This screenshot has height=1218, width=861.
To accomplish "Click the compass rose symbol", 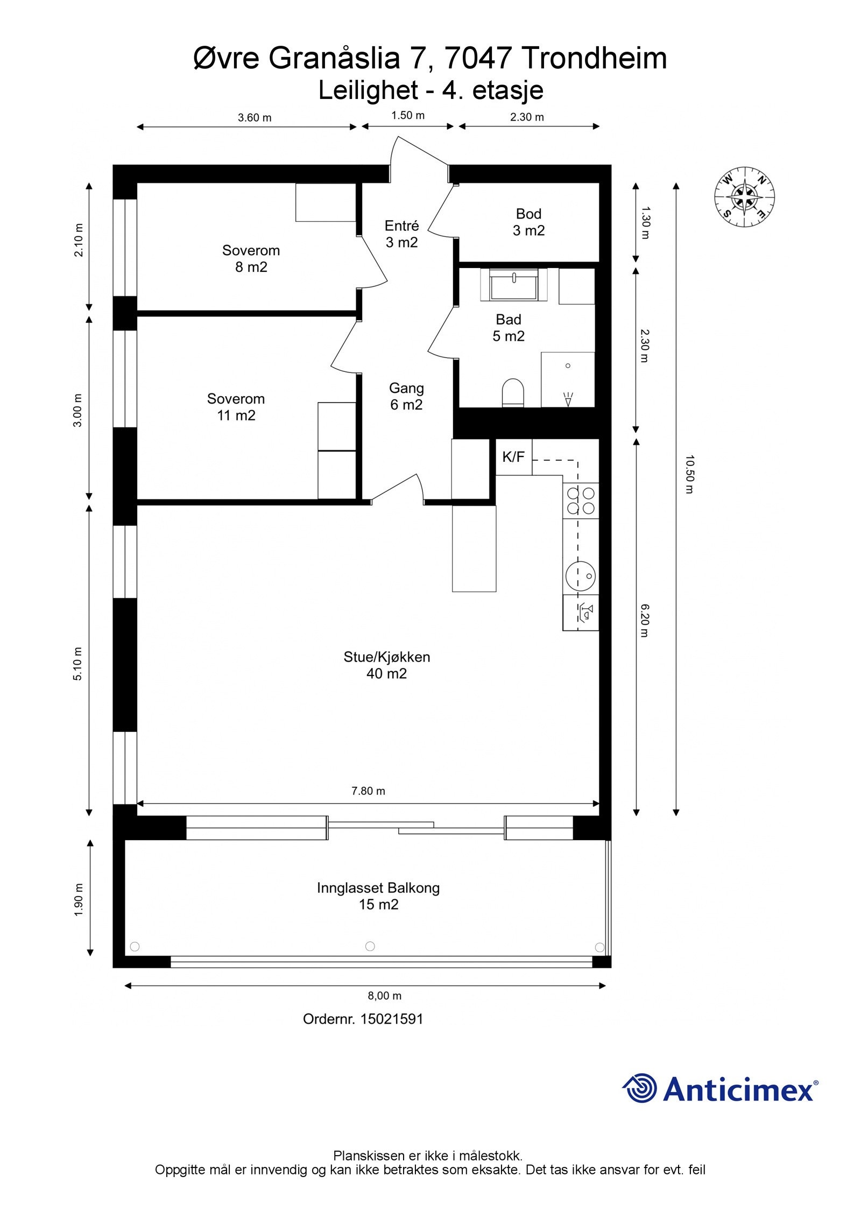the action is pos(744,196).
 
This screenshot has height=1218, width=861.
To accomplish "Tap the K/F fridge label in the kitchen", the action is pos(513,457).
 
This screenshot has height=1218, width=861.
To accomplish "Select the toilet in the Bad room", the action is pos(512,393).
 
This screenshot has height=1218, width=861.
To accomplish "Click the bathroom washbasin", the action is pos(514,284).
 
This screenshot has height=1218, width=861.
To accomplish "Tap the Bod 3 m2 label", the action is pos(528,222).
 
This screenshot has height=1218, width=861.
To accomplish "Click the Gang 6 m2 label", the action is pos(406,396).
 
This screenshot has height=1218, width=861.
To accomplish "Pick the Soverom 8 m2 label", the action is pos(251,258).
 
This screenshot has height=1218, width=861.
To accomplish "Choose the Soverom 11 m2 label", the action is pos(236,407).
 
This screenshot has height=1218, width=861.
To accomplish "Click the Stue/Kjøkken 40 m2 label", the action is pos(387,665).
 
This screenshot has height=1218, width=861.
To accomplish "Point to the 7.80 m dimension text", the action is pos(369,791).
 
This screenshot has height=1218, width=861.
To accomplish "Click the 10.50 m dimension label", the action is pos(690,474).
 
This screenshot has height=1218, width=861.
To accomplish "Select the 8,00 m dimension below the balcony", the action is pos(385,996).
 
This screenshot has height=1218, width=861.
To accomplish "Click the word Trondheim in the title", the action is pos(595,58).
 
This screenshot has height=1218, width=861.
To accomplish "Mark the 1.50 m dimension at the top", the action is pos(408,115).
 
